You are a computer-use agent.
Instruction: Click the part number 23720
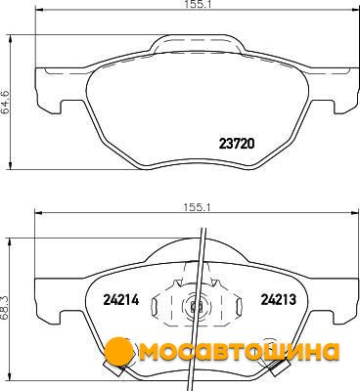point(237,144)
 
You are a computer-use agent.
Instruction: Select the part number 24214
point(121,299)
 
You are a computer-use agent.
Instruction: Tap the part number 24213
point(278,299)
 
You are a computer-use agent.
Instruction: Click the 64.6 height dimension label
point(6,102)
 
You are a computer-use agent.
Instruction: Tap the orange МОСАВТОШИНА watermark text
point(238,352)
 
